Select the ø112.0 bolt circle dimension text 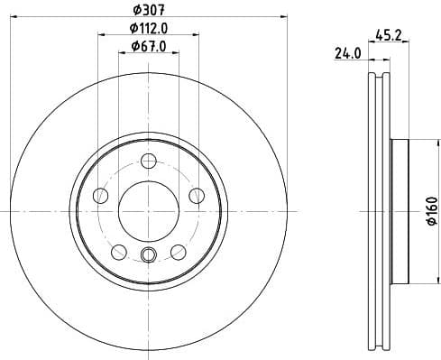tap(148, 29)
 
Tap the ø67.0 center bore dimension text tap(148, 46)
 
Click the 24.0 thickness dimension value tap(347, 54)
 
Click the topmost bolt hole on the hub tap(148, 161)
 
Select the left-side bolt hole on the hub tap(100, 195)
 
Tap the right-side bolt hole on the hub tap(196, 195)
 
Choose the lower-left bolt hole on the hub tap(118, 251)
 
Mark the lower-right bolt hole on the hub tap(178, 251)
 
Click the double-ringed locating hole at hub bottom tap(148, 254)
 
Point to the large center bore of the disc tap(148, 210)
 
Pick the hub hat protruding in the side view tap(400, 210)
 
